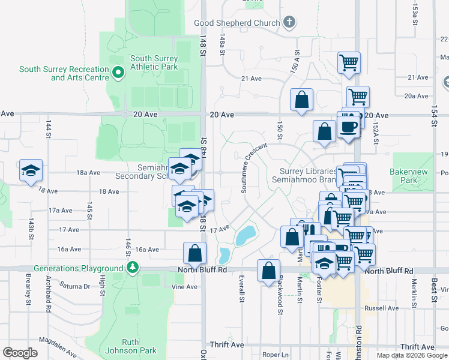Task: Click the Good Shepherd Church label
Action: point(237,23)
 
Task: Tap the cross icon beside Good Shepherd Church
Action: point(289,23)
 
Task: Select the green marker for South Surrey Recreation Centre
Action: point(118,74)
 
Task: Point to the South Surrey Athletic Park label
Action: point(154,62)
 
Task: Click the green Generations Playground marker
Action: point(131,268)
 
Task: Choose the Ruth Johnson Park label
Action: point(130,346)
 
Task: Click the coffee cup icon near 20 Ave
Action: point(348,127)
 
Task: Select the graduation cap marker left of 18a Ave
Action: point(31,171)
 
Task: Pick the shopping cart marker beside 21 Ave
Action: point(349,62)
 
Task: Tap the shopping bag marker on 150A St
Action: point(301,100)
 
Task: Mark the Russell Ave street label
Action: point(385,308)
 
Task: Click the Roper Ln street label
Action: point(276,355)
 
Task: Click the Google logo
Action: point(20,353)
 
